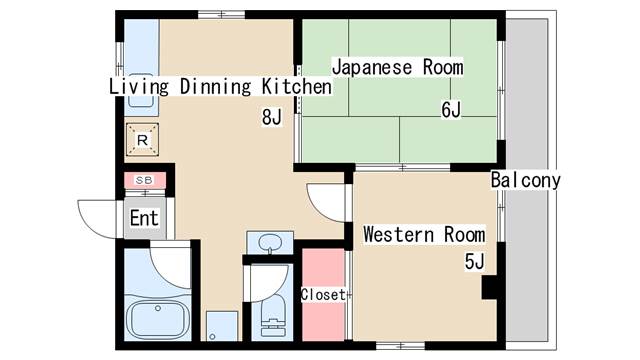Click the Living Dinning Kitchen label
coord(220,87)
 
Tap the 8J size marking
coord(271,118)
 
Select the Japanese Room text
coord(397,67)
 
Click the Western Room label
coord(424,235)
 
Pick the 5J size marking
coord(474,263)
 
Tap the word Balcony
coord(526,181)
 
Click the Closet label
coord(323,295)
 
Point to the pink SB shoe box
coord(143,180)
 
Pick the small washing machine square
coord(222,326)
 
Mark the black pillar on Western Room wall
coord(490,287)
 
